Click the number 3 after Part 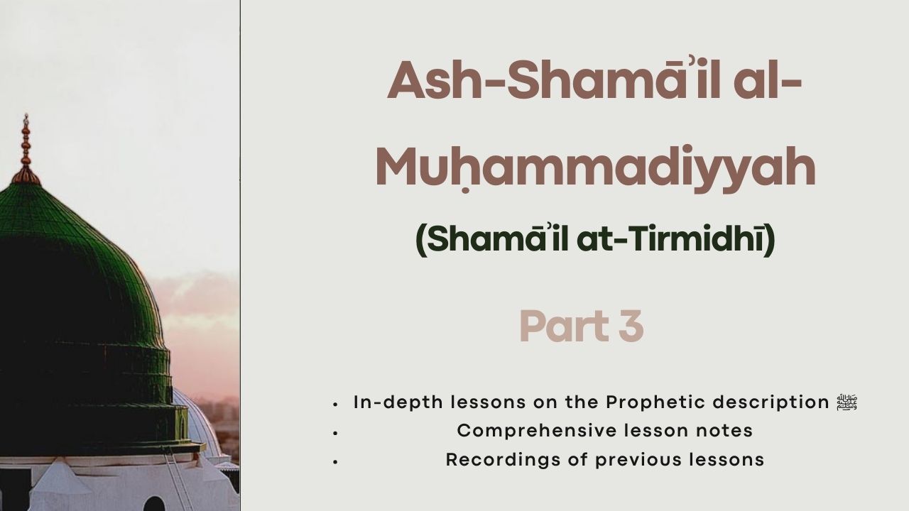[x=631, y=326]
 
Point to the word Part [x=565, y=326]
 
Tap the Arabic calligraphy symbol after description [x=847, y=402]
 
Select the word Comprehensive [x=537, y=431]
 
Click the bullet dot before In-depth [x=335, y=405]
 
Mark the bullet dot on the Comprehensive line [x=335, y=433]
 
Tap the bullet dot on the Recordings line [x=335, y=462]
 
